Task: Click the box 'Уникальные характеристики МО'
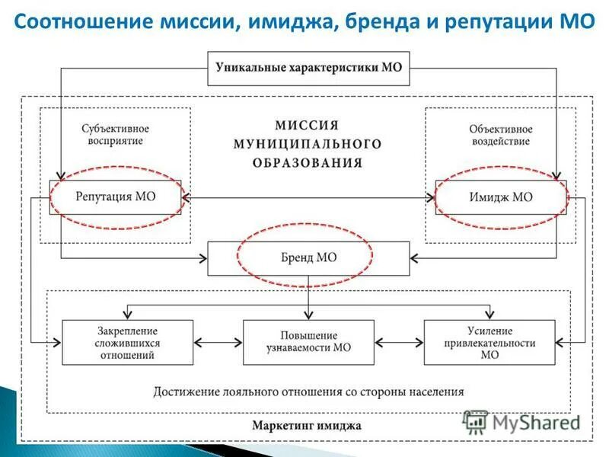[308, 68]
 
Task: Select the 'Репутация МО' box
[116, 197]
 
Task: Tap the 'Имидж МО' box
[501, 197]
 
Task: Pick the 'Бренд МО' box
[308, 257]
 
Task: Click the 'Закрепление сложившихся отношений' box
[128, 343]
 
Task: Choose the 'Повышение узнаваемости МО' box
[308, 343]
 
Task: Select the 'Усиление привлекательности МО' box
[489, 343]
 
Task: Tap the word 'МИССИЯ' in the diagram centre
[307, 126]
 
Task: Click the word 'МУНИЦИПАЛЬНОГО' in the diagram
[308, 144]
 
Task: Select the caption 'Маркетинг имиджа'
[308, 425]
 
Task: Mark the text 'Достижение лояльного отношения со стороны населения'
[308, 391]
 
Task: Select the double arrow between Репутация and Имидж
[308, 197]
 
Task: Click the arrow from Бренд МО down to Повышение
[308, 297]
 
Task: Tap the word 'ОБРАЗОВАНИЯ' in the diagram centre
[308, 162]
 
